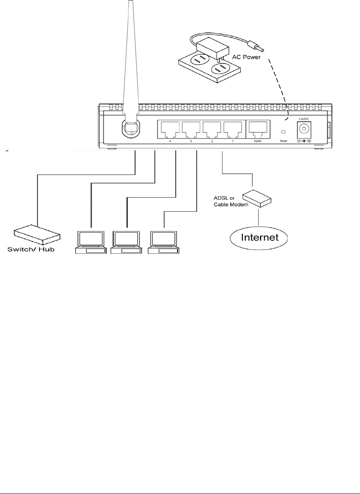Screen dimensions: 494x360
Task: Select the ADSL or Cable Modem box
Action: coord(257,198)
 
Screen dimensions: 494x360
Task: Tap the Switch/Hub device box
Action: coord(37,235)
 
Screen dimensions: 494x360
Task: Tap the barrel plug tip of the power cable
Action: coord(257,44)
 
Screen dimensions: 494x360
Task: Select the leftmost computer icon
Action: coord(90,243)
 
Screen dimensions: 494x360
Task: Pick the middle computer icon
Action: coord(126,243)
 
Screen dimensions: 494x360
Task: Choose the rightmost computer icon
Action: coord(163,243)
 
